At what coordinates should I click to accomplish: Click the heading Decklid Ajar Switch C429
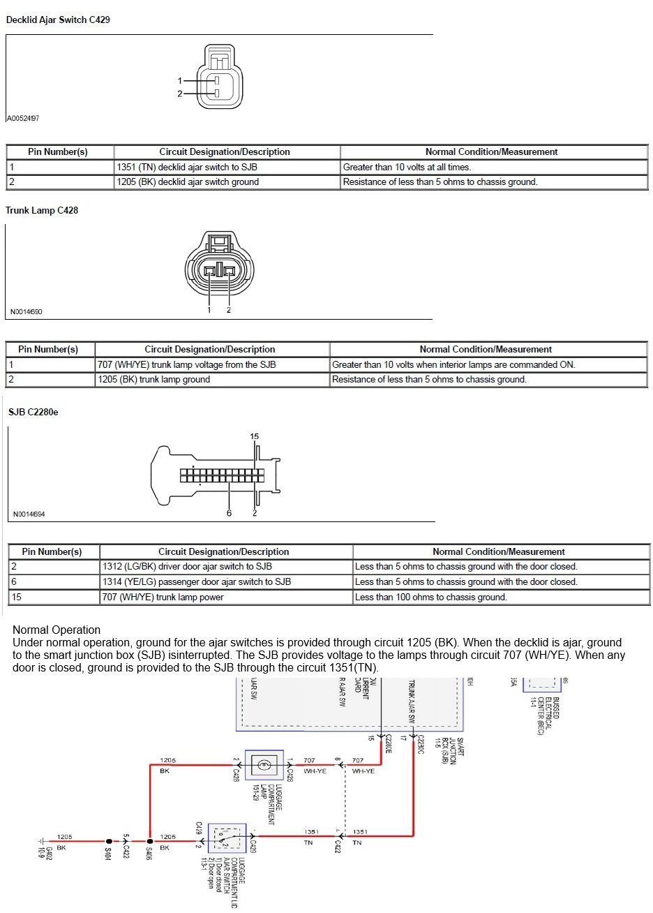57,20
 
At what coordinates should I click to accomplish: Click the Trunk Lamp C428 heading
42,210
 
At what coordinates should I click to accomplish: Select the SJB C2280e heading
33,413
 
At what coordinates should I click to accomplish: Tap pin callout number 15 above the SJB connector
254,437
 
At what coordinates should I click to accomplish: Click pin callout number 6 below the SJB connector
229,513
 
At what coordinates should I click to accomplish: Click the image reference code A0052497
23,119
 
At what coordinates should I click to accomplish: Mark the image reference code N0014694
29,514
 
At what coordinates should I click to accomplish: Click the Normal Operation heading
57,630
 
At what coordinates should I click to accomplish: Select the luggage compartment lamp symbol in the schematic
264,765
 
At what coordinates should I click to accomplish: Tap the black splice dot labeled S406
150,842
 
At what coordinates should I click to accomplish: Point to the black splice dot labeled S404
109,842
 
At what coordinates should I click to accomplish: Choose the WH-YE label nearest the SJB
363,771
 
